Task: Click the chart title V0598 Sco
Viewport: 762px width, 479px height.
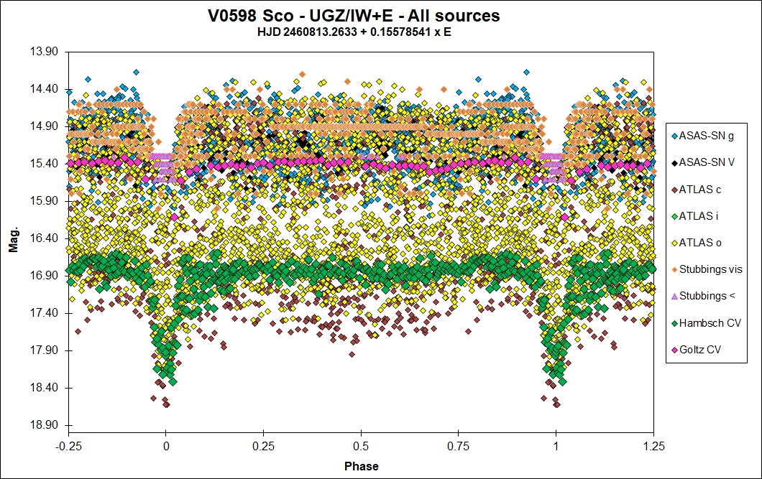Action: [362, 15]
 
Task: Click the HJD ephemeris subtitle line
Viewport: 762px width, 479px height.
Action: [362, 32]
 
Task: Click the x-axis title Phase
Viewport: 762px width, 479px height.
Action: [361, 466]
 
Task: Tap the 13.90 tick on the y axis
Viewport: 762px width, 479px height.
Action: [45, 52]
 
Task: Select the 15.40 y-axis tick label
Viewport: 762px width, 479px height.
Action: [45, 164]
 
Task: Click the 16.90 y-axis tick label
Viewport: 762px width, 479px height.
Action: [45, 276]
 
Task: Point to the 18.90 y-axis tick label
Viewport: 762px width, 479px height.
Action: [45, 425]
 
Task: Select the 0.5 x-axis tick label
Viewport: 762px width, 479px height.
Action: [361, 445]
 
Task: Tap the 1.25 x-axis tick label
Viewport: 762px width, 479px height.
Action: [653, 445]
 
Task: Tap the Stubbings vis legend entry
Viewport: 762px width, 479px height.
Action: [709, 269]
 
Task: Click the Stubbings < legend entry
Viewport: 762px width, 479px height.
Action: [706, 296]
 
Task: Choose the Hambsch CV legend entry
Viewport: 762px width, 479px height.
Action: [707, 323]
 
